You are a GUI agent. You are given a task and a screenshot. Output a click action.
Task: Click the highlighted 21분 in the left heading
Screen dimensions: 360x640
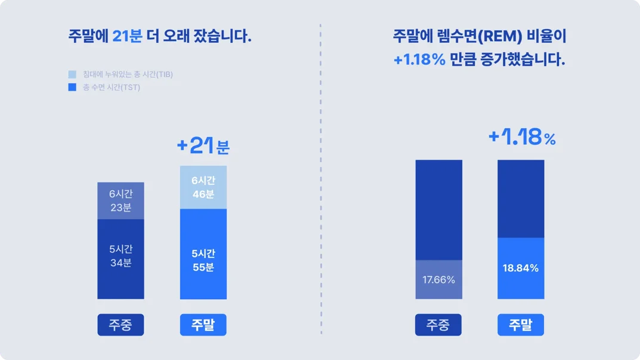tap(127, 36)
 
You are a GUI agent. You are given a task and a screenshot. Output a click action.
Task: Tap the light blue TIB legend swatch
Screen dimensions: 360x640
tap(72, 75)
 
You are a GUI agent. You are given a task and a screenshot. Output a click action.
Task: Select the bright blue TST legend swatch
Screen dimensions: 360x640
tap(72, 88)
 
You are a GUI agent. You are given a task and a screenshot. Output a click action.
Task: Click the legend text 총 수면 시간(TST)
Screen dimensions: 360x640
tap(112, 88)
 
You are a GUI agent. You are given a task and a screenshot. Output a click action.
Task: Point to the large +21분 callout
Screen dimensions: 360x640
tap(203, 145)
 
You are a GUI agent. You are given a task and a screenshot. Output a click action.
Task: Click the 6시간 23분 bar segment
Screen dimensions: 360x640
tap(120, 201)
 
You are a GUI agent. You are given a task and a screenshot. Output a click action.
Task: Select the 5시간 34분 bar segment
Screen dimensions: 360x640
tap(120, 259)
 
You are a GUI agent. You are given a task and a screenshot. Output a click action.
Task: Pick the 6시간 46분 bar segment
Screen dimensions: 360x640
tap(203, 187)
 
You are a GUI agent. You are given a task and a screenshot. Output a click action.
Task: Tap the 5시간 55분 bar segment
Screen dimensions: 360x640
tap(203, 254)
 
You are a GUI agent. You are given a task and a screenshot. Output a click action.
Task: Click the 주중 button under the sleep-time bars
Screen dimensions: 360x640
tap(120, 325)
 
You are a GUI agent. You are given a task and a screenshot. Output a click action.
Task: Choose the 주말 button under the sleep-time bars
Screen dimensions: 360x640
tap(203, 325)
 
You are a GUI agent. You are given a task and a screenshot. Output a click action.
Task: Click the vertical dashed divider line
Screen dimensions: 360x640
tap(321, 179)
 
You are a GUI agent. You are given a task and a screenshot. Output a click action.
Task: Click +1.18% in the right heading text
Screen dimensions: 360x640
tap(419, 60)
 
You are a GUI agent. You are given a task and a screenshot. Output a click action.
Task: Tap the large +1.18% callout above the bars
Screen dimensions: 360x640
tap(522, 138)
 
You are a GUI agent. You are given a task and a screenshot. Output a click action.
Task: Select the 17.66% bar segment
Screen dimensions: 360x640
tap(438, 279)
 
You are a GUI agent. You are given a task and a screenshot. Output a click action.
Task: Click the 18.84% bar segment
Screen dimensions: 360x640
tap(521, 268)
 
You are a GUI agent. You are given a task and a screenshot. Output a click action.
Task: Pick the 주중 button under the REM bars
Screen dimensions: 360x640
tap(438, 325)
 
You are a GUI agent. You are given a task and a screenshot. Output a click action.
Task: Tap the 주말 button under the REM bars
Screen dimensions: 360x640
tap(521, 325)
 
